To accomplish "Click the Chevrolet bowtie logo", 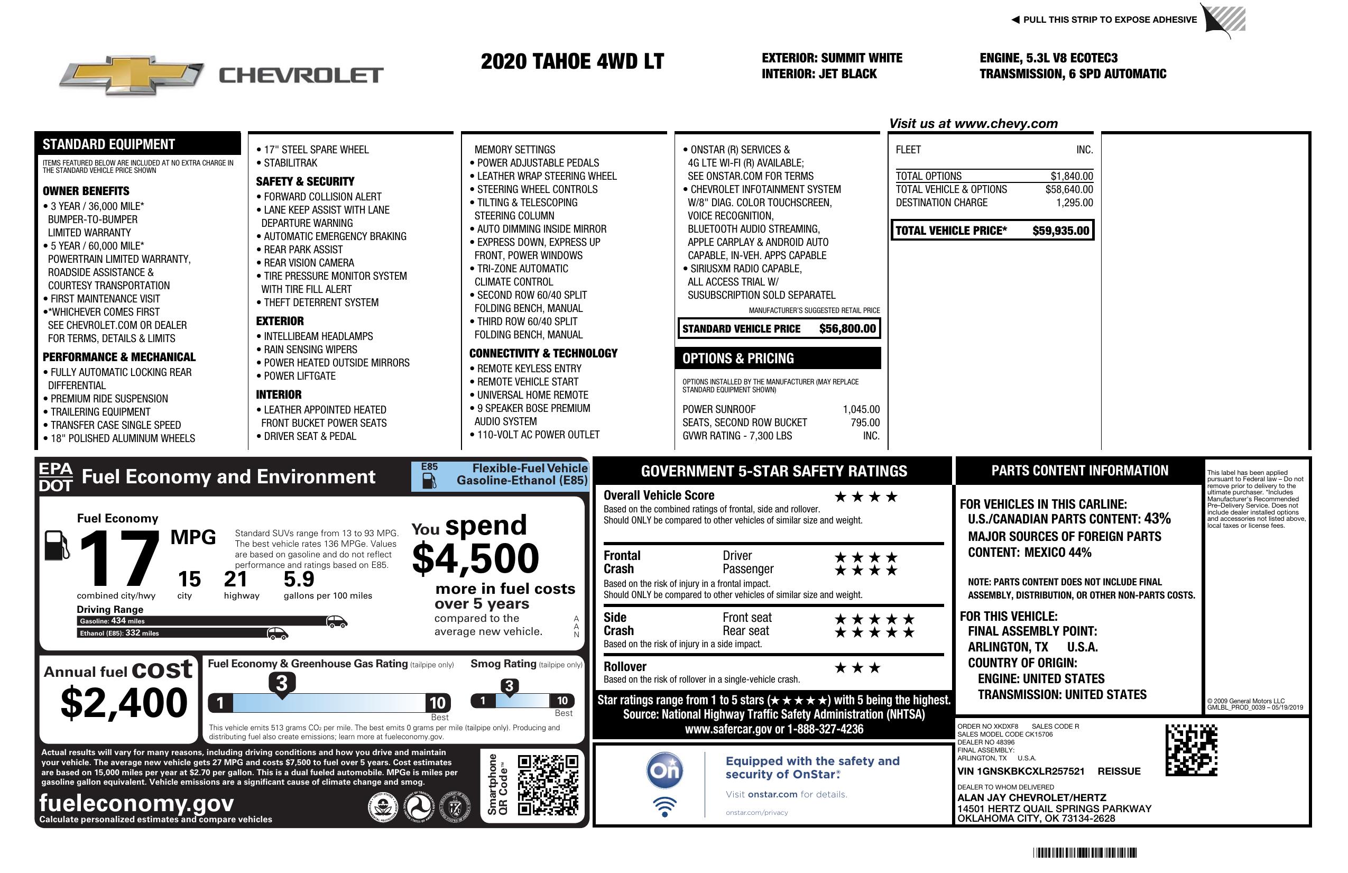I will coord(132,75).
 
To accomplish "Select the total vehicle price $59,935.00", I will coord(1060,231).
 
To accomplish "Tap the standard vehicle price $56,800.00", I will coord(847,328).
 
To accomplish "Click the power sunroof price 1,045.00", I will coord(861,409).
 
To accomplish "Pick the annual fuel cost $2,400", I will coord(124,703).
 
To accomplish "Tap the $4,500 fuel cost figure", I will coord(475,558).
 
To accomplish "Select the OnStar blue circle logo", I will coord(664,770).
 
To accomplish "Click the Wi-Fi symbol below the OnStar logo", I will coord(664,806).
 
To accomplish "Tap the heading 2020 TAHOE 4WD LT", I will coord(572,61).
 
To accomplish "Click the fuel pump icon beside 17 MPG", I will coord(57,545).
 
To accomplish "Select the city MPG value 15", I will coord(189,579).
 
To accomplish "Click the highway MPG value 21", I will coord(236,579).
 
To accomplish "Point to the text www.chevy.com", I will coord(1005,124).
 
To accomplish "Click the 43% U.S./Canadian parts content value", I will coord(1157,518).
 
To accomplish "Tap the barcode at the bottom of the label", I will coord(1085,852).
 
